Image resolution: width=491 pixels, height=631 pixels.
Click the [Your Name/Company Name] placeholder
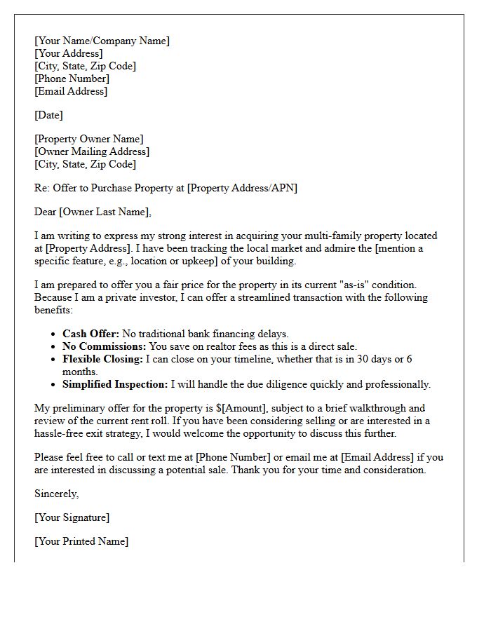pos(102,41)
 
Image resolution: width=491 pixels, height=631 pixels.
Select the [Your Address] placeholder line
pos(69,53)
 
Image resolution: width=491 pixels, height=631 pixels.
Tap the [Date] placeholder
pos(48,115)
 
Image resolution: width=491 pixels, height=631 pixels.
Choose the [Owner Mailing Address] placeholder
pos(92,151)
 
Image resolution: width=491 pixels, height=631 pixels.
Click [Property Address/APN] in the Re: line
pos(242,188)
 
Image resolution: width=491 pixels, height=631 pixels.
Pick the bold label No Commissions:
pos(105,346)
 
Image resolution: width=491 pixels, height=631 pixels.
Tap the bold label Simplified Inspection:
pos(115,384)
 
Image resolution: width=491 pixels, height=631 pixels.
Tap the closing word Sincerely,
pos(57,494)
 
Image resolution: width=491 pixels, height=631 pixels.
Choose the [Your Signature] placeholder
pos(72,517)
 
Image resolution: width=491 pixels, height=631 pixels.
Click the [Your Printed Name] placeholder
pos(81,541)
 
